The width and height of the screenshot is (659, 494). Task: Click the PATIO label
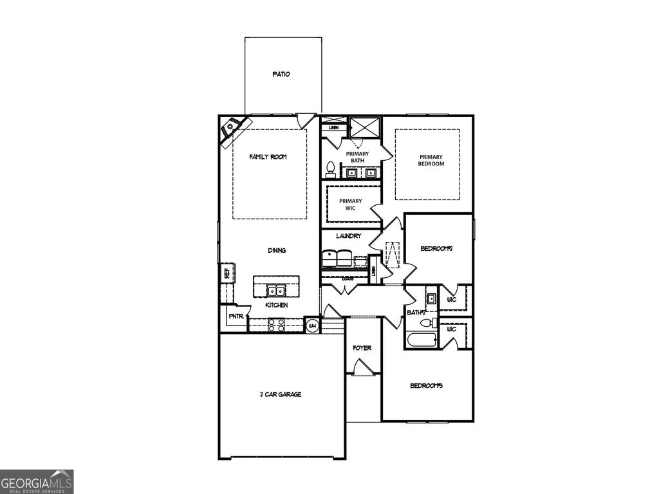click(281, 75)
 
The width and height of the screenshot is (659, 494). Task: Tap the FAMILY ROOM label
click(268, 157)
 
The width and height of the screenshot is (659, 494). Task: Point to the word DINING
click(277, 251)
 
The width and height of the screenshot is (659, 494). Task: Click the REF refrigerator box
click(227, 273)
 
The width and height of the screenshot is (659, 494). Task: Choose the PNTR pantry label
click(235, 317)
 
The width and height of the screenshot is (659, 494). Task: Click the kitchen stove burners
click(277, 325)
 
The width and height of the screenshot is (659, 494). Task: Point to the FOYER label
click(362, 348)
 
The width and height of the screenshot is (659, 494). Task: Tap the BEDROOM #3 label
click(427, 386)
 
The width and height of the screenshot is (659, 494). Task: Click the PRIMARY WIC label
click(350, 205)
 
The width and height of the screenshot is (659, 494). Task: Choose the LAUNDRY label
click(348, 237)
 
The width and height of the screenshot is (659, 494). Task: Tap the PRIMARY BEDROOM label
click(431, 160)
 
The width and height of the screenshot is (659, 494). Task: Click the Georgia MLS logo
click(37, 482)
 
